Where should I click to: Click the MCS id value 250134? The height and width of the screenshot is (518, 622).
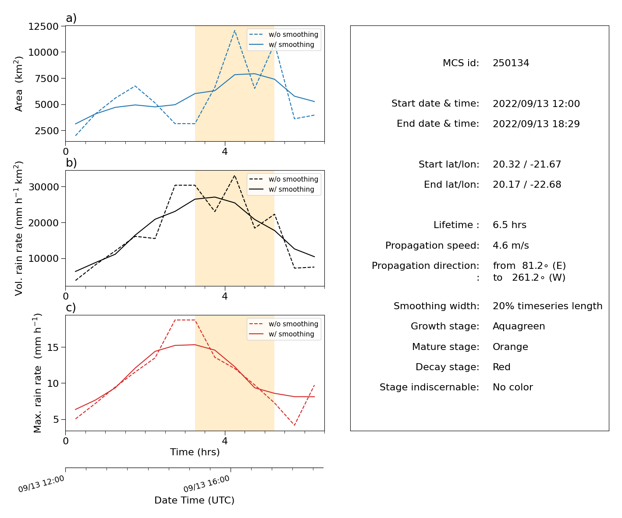[511, 63]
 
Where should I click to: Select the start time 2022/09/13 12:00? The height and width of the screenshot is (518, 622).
[536, 104]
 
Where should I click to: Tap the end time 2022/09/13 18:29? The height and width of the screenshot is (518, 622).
[536, 124]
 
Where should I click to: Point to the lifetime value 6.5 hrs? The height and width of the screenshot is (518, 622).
[509, 225]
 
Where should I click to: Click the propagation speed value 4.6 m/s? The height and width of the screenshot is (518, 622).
[511, 245]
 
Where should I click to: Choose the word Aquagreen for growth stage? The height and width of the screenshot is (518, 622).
[519, 326]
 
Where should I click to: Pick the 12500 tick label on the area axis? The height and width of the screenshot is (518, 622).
[43, 26]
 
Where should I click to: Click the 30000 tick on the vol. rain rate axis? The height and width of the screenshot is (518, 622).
[43, 187]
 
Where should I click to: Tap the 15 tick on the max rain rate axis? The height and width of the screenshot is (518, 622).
[53, 347]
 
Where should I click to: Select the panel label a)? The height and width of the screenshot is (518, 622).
[71, 18]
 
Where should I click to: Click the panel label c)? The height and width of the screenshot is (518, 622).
[71, 307]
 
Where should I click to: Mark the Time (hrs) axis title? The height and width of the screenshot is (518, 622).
[195, 452]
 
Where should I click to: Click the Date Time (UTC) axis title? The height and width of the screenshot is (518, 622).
[194, 500]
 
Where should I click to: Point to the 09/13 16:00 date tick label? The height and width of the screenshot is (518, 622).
[206, 484]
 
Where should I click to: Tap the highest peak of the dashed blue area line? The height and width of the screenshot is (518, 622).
[235, 30]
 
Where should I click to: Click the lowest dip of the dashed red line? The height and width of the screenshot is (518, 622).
[294, 425]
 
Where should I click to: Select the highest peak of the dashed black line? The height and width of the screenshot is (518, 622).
[235, 175]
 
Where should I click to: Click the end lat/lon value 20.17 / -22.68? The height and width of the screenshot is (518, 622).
[527, 185]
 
